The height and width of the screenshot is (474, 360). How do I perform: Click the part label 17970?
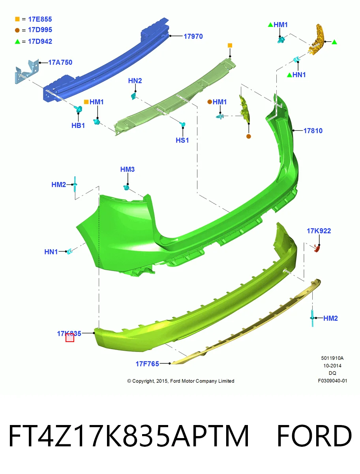coord(193,36)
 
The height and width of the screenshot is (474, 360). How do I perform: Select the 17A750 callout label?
coord(60,62)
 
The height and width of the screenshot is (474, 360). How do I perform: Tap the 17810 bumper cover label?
coord(313,131)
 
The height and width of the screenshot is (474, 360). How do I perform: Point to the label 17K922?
coord(319,231)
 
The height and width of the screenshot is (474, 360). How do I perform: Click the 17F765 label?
coord(147,364)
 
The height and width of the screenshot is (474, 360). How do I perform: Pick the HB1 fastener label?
coord(78,126)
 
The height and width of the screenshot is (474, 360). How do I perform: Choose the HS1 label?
coord(182,140)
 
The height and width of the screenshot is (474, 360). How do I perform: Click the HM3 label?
coord(127,169)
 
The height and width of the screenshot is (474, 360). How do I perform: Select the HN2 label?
coord(135,81)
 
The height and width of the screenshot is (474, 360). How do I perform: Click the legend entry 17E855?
coord(40,19)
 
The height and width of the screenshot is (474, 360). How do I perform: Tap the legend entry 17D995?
coord(40,30)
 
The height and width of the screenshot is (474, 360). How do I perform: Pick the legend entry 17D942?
coord(40,41)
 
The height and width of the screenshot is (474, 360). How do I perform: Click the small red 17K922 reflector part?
coord(317,249)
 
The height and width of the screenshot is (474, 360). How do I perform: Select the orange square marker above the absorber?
coord(230,45)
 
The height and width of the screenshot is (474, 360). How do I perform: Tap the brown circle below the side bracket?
coord(248,136)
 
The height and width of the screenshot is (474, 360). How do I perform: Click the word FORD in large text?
coord(314,436)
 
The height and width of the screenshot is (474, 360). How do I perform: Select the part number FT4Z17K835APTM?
coord(129,436)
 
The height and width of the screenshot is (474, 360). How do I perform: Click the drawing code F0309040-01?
coord(332,381)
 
